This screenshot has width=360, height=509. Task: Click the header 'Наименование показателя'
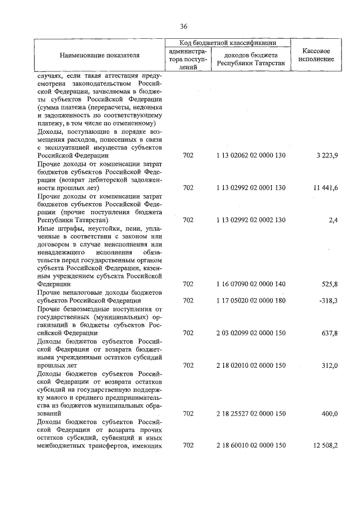100,55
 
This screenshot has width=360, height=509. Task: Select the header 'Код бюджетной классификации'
227,43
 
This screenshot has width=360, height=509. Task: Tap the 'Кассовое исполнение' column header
319,55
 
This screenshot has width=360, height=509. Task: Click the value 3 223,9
327,155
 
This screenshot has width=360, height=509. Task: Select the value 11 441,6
326,187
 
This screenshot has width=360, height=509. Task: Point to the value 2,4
332,220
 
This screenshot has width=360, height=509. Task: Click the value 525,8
329,285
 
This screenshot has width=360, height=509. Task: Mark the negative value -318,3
327,301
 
